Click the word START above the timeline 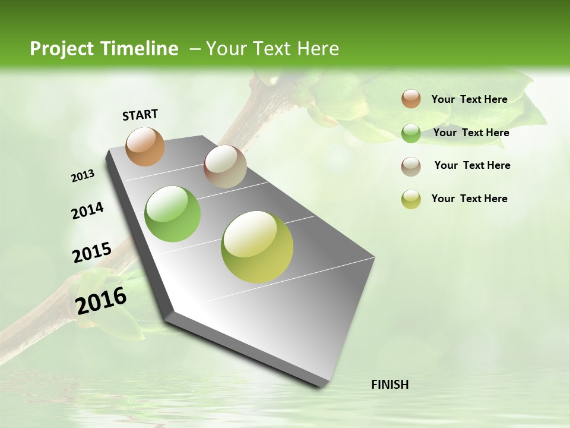pos(140,115)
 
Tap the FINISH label pos(389,385)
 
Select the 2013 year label pos(83,176)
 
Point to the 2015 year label pos(91,253)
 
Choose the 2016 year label pos(101,301)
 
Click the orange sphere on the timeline pos(145,146)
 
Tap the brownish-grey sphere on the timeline pos(225,166)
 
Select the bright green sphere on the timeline pos(172,214)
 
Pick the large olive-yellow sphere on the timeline pos(257,247)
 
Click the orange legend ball pos(411,99)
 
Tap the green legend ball pos(411,133)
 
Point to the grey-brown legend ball pos(411,166)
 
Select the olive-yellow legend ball pos(411,199)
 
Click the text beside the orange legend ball pos(469,99)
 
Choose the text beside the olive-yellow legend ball pos(469,199)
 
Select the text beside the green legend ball pos(471,133)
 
